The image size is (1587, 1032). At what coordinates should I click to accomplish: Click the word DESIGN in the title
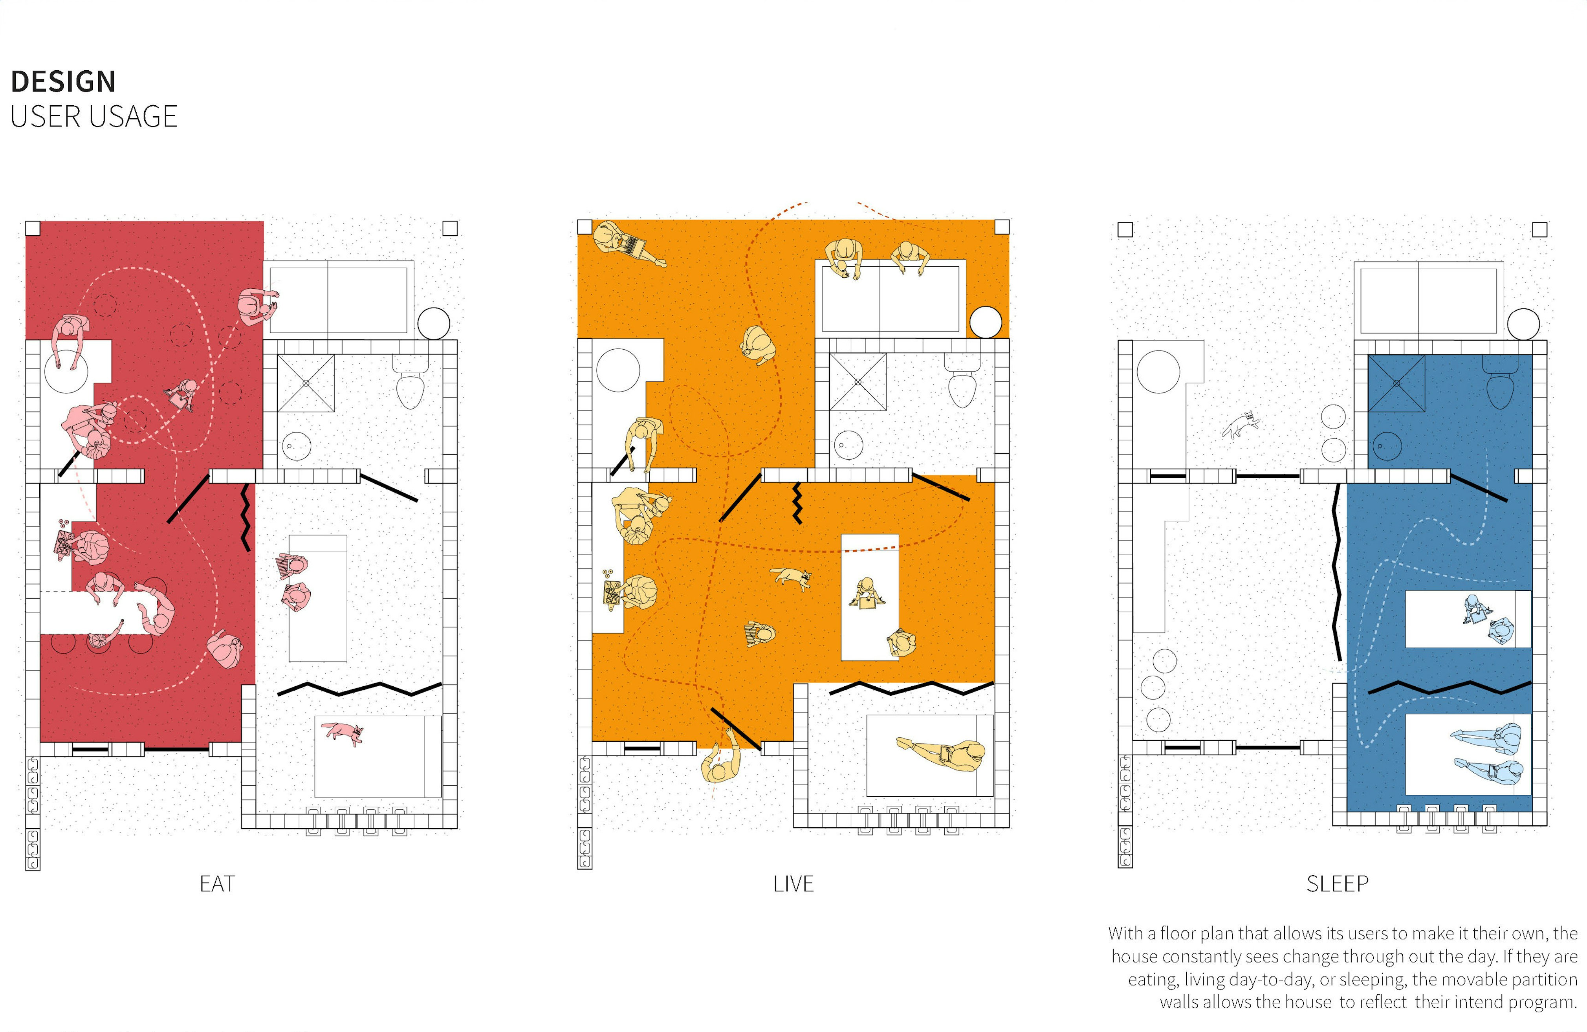tap(63, 82)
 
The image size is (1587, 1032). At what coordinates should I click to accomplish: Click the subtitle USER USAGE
tap(93, 117)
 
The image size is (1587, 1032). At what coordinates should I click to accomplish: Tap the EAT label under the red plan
tap(217, 884)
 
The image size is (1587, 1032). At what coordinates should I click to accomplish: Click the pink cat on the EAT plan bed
tap(343, 732)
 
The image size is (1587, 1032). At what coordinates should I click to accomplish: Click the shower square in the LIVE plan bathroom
tap(858, 382)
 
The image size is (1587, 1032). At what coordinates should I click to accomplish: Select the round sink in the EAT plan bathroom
tap(296, 446)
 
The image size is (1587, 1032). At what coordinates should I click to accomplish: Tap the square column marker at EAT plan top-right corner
tap(450, 229)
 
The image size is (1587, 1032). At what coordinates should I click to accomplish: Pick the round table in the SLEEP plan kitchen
tap(1158, 371)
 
